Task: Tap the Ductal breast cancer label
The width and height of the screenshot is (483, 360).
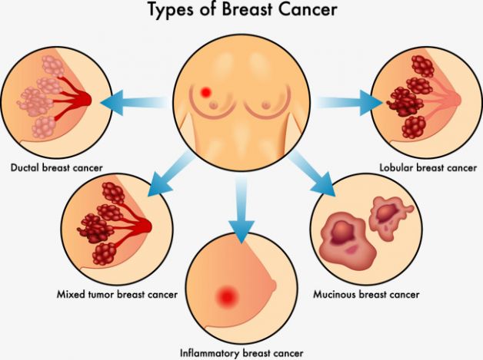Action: (57, 167)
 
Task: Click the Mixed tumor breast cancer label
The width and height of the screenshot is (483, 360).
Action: (117, 294)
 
